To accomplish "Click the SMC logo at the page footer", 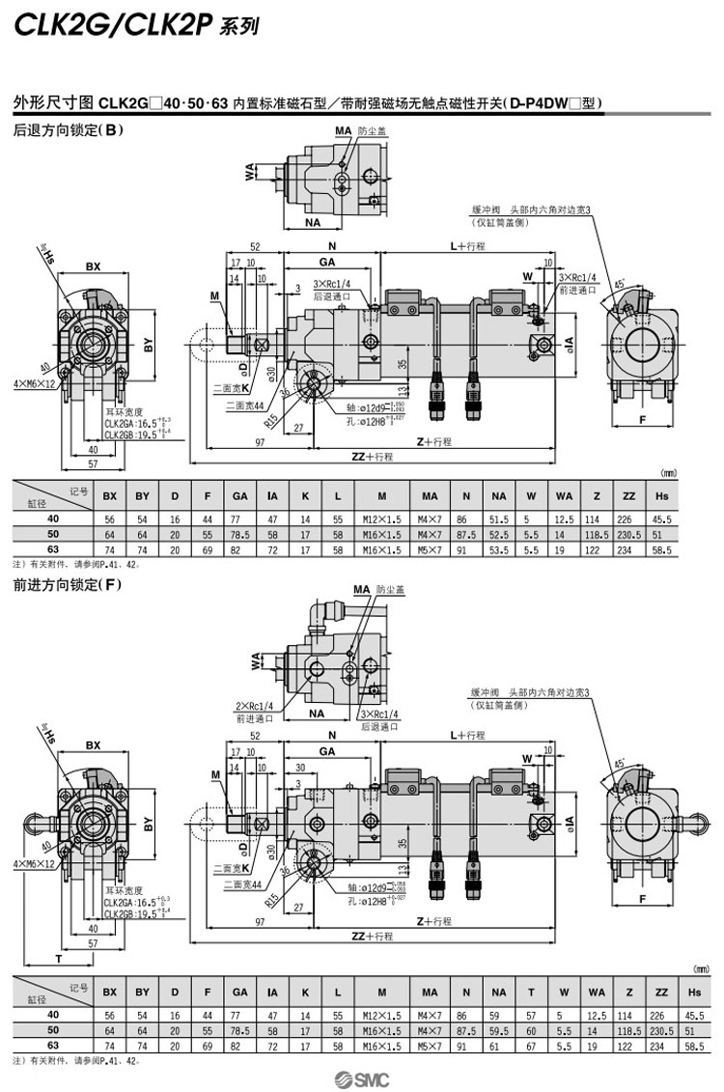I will (361, 1078).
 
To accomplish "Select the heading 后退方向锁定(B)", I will (68, 130).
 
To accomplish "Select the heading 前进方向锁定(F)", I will (67, 584).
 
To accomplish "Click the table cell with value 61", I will (499, 1046).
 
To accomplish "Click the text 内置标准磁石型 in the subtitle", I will (272, 100).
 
